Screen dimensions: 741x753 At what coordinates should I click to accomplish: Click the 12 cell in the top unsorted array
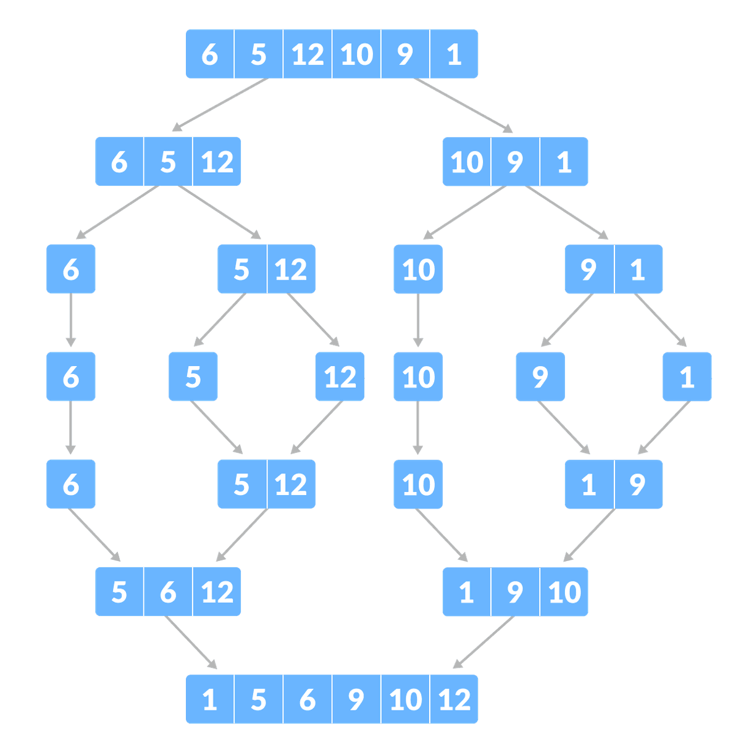[x=308, y=54]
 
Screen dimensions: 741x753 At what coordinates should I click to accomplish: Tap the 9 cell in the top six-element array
[x=404, y=54]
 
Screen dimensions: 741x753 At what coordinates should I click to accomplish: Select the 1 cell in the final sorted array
[x=210, y=699]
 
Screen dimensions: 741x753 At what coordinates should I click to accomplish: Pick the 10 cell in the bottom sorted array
[x=404, y=699]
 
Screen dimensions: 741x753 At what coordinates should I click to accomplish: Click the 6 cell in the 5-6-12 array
[x=168, y=592]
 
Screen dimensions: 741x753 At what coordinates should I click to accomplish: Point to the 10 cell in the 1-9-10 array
[x=564, y=592]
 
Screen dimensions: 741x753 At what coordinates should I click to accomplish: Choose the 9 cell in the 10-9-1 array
[x=515, y=161]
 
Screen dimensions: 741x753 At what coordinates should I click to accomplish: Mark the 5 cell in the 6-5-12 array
[x=168, y=161]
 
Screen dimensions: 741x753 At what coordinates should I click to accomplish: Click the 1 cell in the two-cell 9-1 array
[x=638, y=269]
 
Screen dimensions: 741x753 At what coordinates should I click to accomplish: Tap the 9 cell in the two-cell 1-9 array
[x=638, y=484]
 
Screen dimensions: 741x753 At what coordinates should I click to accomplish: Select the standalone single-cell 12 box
[x=340, y=376]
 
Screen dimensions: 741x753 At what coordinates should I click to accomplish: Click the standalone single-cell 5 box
[x=193, y=376]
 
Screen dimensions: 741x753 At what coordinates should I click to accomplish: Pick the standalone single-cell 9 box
[x=540, y=376]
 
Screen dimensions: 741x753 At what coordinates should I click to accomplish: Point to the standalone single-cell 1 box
[x=687, y=376]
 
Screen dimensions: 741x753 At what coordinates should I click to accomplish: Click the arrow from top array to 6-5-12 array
[x=220, y=105]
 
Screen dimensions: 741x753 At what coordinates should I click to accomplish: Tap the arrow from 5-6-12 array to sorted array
[x=191, y=643]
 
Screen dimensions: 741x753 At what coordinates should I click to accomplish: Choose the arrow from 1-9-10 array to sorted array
[x=484, y=643]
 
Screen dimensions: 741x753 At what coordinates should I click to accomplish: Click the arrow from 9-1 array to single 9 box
[x=567, y=320]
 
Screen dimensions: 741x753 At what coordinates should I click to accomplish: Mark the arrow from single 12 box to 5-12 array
[x=316, y=427]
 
